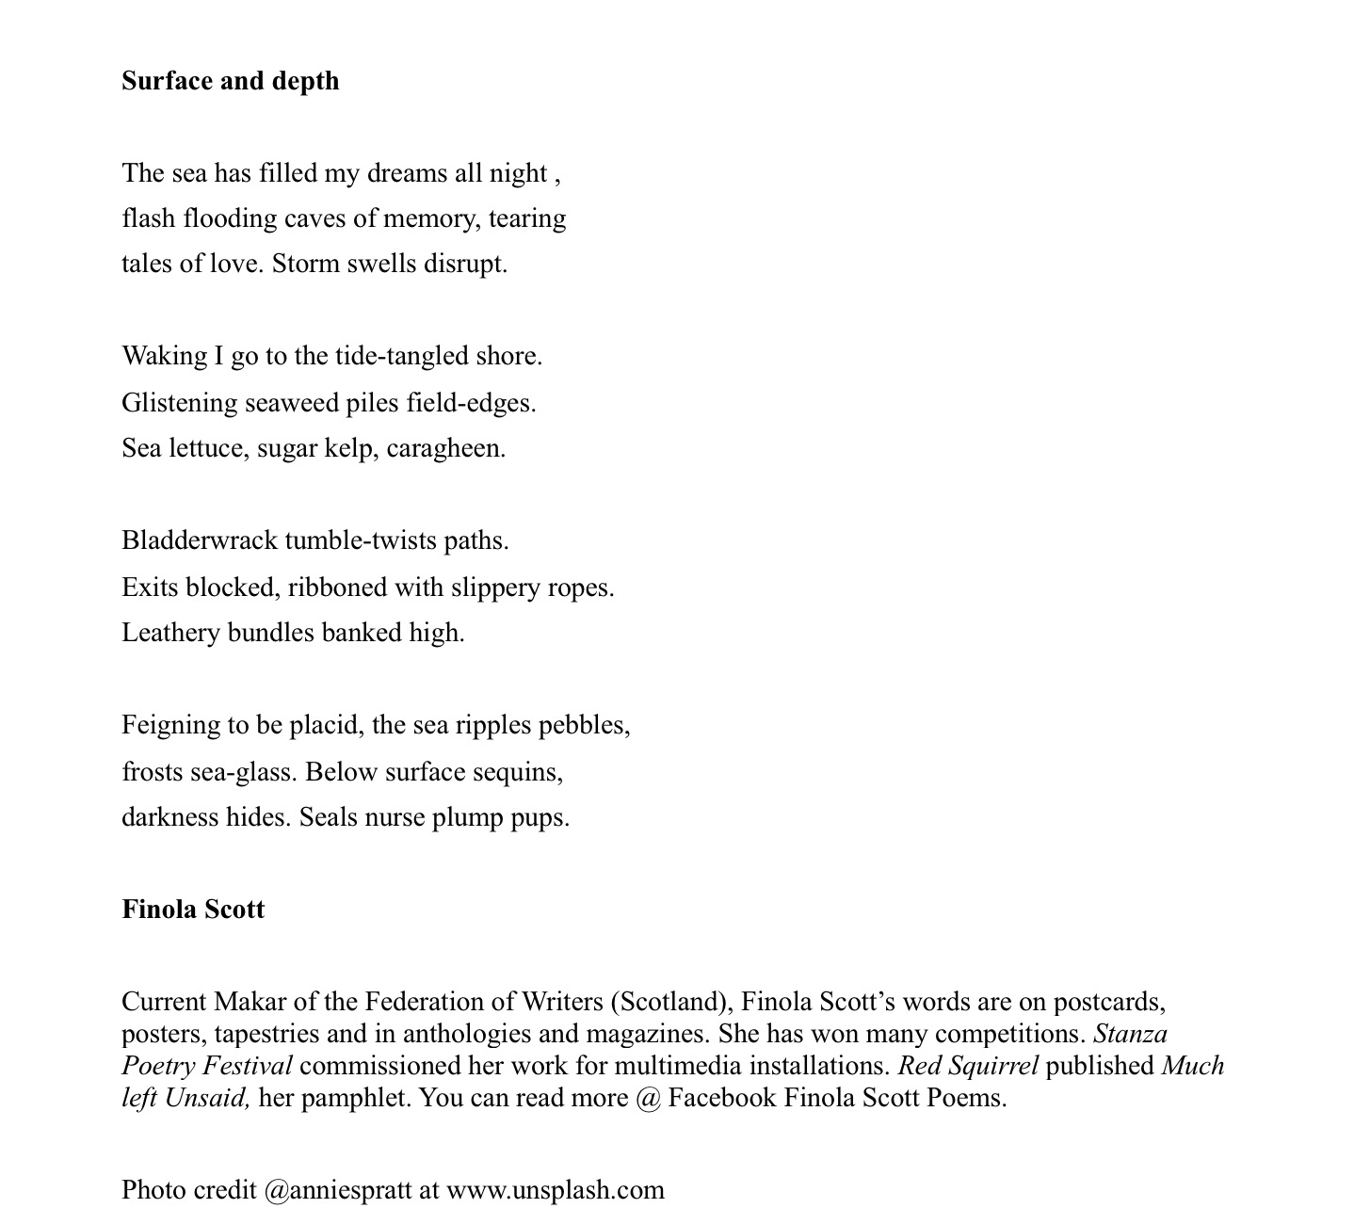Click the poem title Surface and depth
pos(230,81)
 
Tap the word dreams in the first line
pos(408,173)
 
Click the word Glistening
pos(179,404)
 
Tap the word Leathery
pos(170,633)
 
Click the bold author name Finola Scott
pos(193,910)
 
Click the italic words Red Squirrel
pos(968,1066)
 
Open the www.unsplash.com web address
pos(556,1190)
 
